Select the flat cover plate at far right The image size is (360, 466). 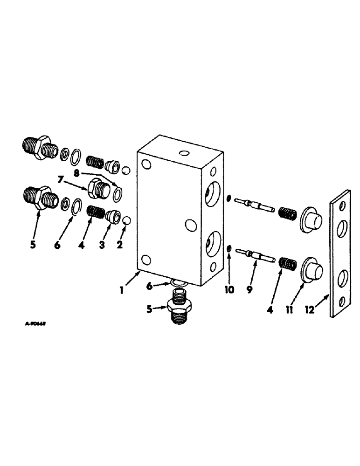[339, 254]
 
